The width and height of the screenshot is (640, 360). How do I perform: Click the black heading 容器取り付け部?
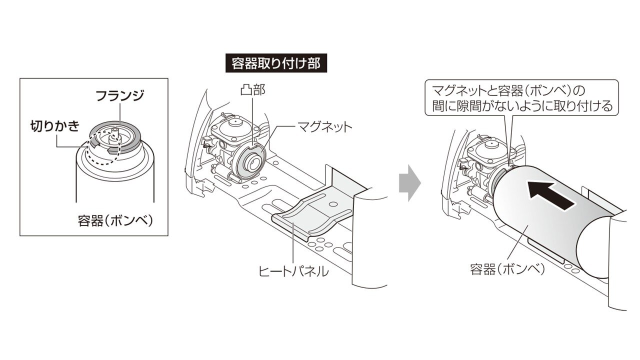click(x=275, y=63)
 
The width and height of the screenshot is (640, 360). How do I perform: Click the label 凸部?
click(x=252, y=90)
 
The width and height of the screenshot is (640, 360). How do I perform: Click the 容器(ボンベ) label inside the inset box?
click(x=115, y=220)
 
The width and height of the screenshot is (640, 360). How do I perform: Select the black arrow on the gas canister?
click(x=550, y=195)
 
